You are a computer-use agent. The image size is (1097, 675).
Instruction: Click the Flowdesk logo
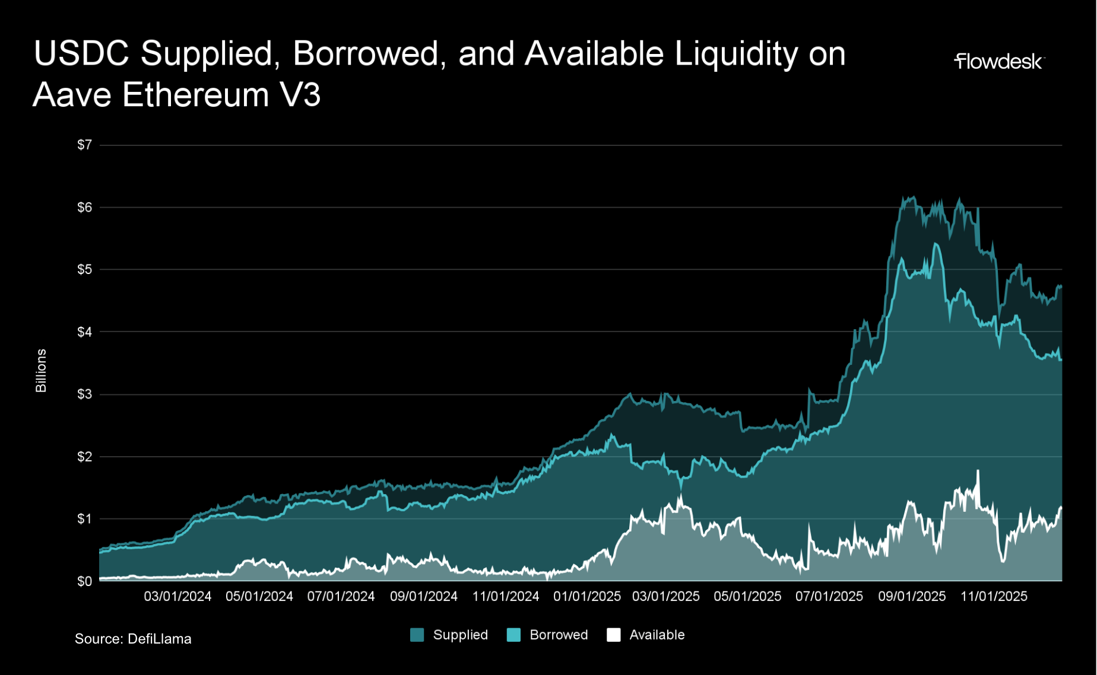coord(998,62)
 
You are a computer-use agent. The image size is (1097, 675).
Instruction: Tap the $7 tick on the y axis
coord(85,145)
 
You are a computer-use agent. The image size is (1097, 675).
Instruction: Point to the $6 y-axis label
coord(85,207)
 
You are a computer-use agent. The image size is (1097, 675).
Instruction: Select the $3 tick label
coord(85,394)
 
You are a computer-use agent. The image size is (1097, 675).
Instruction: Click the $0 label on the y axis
coord(85,581)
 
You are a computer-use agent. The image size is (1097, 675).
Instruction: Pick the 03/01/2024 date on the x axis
coord(177,596)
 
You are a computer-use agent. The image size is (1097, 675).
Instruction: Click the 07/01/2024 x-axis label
coord(341,596)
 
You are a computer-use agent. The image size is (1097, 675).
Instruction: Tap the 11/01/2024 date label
coord(506,596)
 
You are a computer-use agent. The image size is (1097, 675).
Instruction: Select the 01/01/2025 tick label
coord(587,596)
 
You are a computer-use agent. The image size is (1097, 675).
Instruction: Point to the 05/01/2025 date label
coord(747,596)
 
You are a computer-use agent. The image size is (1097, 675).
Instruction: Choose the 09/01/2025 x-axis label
coord(912,596)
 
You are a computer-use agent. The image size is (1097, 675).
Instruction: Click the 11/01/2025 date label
coord(994,596)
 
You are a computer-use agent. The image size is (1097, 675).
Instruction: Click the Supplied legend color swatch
coord(417,635)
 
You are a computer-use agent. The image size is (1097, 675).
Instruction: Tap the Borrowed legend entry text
coord(559,635)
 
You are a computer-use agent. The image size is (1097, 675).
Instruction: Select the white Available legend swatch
coord(614,635)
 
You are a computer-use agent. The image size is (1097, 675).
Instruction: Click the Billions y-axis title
coord(41,370)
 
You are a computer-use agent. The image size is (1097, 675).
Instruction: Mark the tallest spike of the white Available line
coord(978,471)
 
